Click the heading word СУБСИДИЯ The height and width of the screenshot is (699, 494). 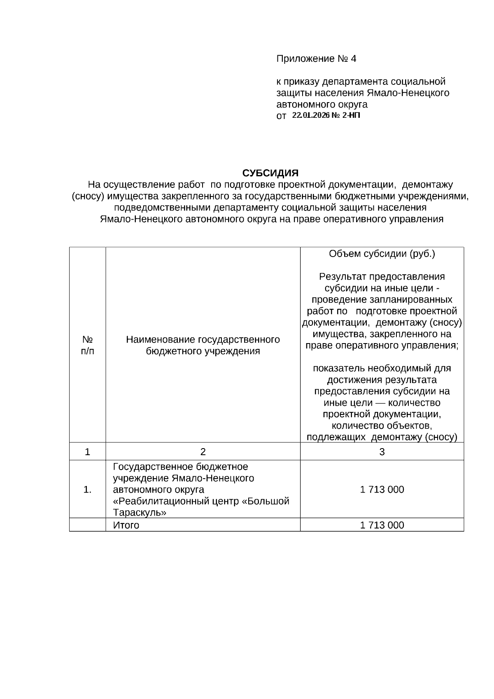point(270,173)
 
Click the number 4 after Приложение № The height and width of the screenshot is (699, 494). point(353,58)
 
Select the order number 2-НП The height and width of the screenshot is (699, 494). point(351,115)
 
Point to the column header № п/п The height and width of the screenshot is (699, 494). point(87,345)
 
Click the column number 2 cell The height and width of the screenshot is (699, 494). point(203,452)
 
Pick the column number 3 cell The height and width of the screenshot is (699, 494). point(382,452)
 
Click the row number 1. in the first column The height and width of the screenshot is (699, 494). point(87,490)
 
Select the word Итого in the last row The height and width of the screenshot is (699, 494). point(126,525)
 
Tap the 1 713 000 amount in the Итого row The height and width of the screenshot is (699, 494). point(382,525)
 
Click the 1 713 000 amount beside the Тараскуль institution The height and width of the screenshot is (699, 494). point(382,490)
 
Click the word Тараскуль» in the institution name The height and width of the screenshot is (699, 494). point(140,513)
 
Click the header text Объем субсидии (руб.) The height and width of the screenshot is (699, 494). point(382,254)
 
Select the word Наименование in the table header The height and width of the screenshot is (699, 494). point(161,339)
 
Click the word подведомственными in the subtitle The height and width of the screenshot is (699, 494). point(161,207)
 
